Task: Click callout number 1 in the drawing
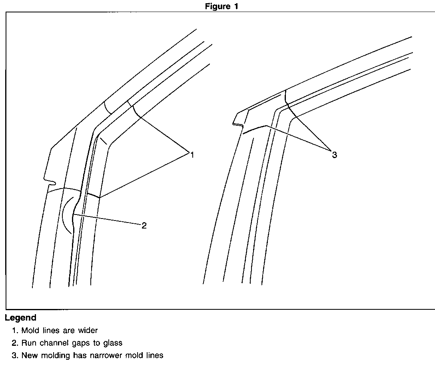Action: pyautogui.click(x=192, y=154)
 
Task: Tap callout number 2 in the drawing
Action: pyautogui.click(x=144, y=226)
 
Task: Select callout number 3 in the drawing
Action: pyautogui.click(x=334, y=155)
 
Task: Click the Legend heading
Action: pyautogui.click(x=20, y=318)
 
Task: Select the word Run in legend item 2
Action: pyautogui.click(x=28, y=343)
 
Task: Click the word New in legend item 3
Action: pyautogui.click(x=29, y=355)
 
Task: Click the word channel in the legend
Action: pyautogui.click(x=50, y=343)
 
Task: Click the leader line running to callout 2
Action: pyautogui.click(x=108, y=221)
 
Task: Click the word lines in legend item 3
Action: pyautogui.click(x=154, y=355)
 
